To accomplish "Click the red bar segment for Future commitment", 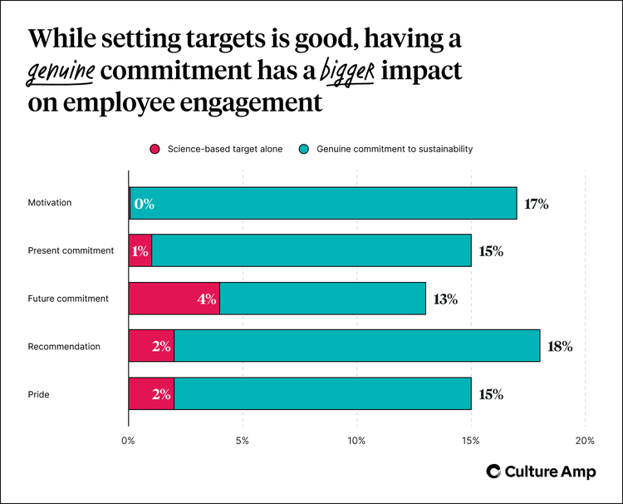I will click(174, 299).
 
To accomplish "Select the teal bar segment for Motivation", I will click(324, 203).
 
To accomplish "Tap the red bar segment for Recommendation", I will click(151, 346).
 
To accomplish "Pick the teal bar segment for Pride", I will click(322, 393).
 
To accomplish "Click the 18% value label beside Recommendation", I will click(559, 347).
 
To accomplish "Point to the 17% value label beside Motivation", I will click(536, 204).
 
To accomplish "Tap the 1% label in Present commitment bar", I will click(140, 251).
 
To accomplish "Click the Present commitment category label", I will click(71, 251).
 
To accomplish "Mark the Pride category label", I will click(38, 394).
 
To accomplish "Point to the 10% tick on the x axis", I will click(356, 441).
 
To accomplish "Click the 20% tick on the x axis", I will click(585, 441).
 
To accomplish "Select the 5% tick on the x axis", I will click(243, 441).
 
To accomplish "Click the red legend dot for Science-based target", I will click(154, 149).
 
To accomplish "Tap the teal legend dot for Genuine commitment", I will click(305, 149).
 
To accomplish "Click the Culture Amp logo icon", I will click(494, 472).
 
